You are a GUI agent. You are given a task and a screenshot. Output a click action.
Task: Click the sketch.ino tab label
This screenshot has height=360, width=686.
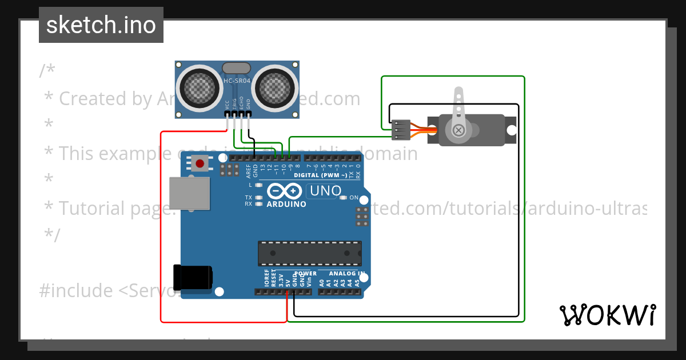tap(101, 25)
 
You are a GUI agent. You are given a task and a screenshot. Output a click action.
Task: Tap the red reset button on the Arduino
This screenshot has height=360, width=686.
tap(200, 164)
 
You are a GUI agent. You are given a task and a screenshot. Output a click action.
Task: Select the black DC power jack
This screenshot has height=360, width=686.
tap(193, 278)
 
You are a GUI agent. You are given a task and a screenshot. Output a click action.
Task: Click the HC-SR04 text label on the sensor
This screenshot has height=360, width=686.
tap(237, 81)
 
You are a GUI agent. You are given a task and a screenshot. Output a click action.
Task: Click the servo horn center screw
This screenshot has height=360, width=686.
tap(458, 130)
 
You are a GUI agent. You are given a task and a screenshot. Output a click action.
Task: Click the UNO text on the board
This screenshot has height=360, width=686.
tap(326, 191)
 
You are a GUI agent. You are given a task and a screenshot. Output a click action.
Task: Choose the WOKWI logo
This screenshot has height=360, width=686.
tap(607, 315)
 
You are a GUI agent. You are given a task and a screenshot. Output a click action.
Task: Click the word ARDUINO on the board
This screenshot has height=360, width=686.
tap(286, 204)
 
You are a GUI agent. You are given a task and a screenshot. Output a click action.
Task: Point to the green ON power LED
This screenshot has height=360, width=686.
tap(344, 198)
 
